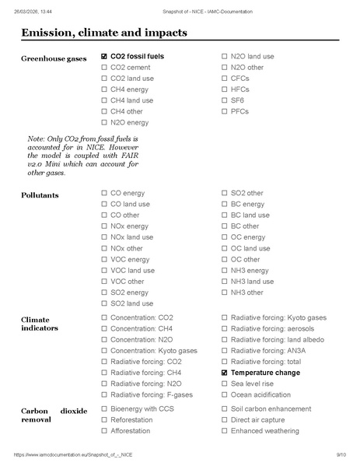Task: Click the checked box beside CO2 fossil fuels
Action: click(x=104, y=57)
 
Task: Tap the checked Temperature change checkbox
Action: click(x=225, y=373)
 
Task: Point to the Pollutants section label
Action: click(x=40, y=195)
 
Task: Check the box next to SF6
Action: click(x=225, y=100)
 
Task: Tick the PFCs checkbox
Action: click(x=225, y=112)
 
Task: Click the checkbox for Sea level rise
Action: click(x=225, y=384)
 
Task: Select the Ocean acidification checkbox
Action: click(x=225, y=395)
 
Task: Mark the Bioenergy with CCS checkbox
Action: click(x=104, y=408)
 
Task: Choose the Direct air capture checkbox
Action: click(x=225, y=419)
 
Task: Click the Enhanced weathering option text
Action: click(x=264, y=430)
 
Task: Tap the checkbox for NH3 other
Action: click(x=225, y=293)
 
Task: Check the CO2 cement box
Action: click(x=104, y=68)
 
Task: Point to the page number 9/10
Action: click(x=341, y=454)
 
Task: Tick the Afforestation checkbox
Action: click(x=104, y=430)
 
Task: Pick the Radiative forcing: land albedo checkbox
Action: click(x=225, y=340)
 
